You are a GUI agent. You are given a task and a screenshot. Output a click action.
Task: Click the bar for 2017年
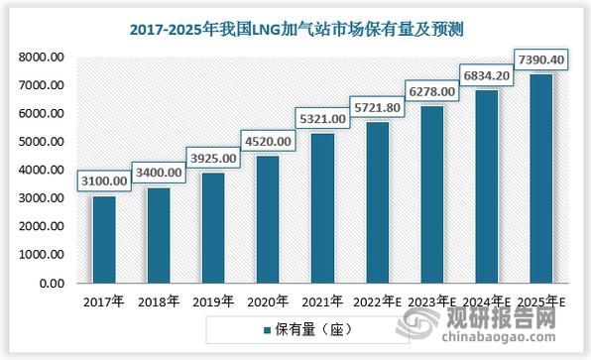104,239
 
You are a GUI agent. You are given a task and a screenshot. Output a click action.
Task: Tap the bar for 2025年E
540,179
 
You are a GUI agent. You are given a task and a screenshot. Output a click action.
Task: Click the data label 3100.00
103,180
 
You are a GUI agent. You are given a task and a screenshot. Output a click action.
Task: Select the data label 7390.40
540,60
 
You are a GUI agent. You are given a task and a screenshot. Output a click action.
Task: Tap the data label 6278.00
431,90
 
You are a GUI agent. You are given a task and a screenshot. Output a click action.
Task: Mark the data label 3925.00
213,158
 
